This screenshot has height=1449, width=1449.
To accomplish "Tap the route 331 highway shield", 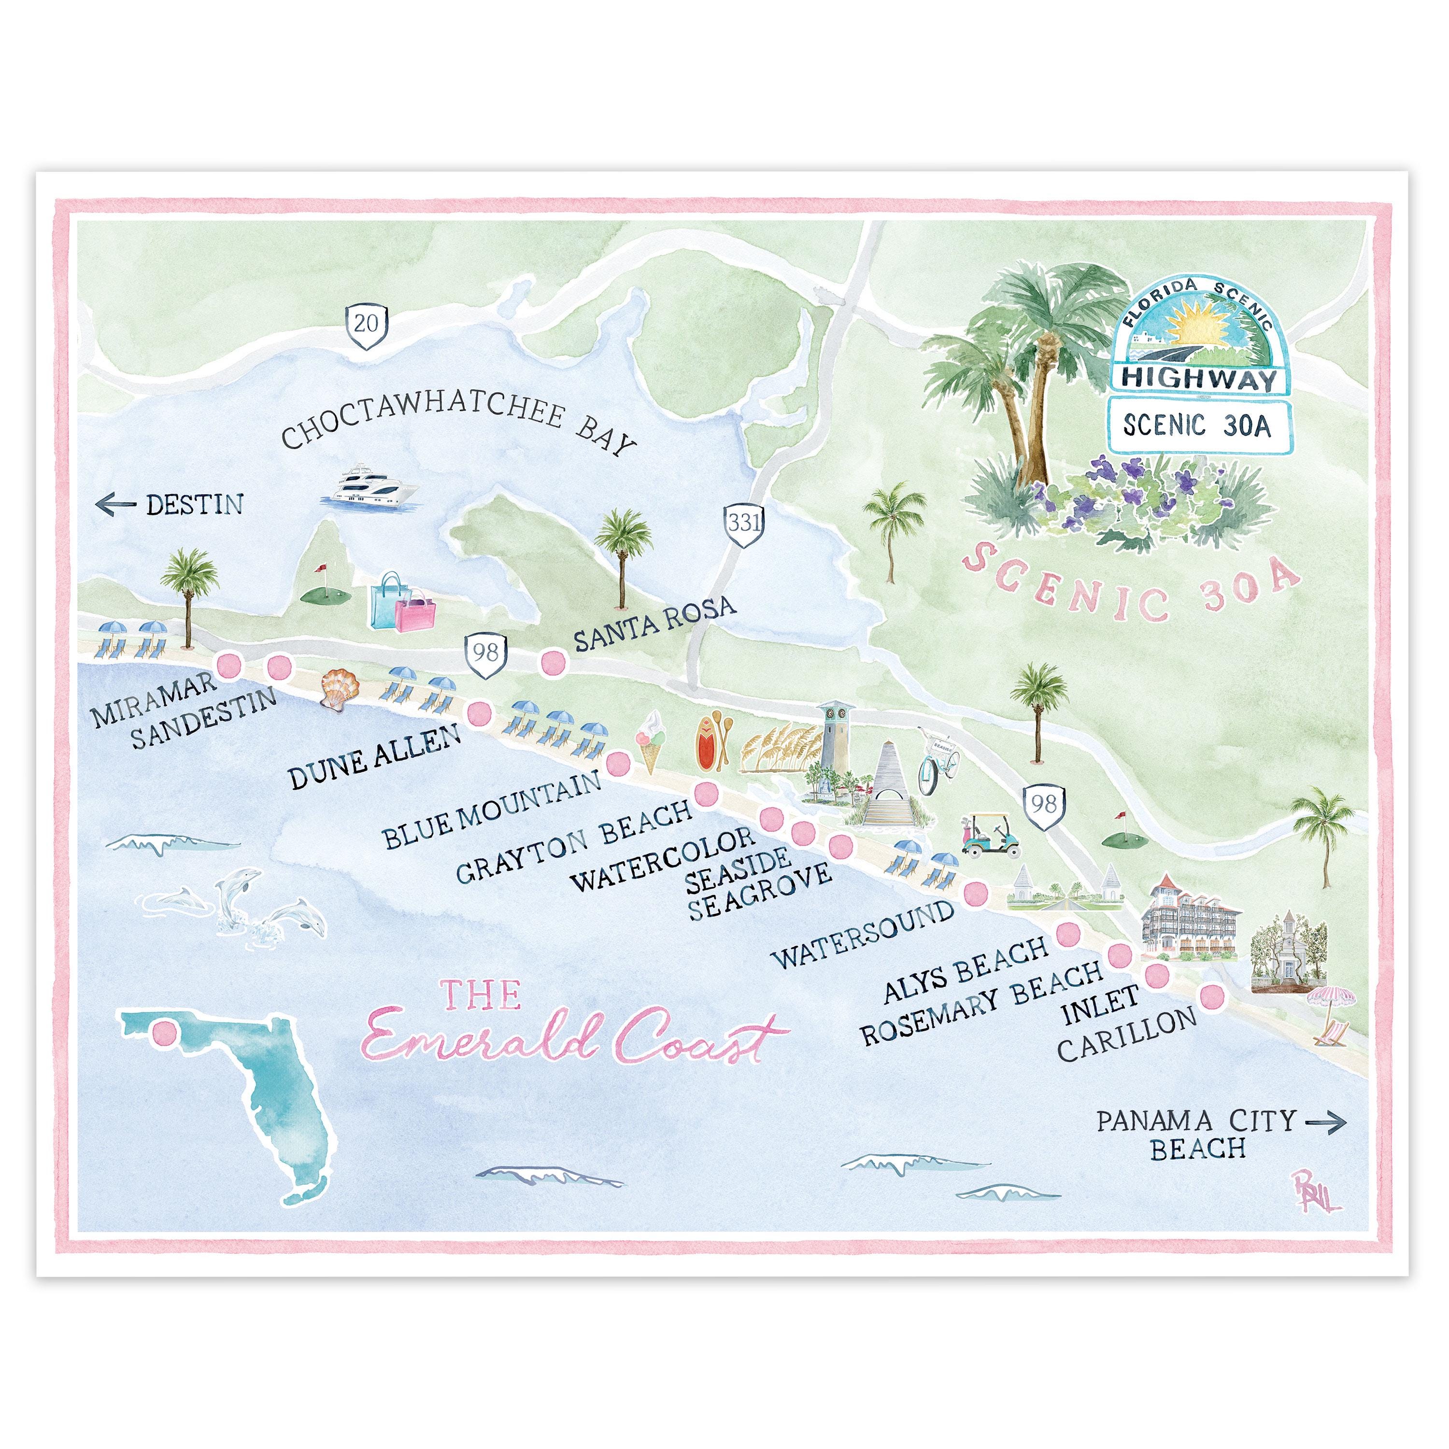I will coord(743,523).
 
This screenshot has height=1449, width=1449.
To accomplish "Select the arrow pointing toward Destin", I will coord(115,505).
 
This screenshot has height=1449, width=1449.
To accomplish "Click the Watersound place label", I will coord(863,935).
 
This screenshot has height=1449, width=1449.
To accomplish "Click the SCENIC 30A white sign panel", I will coord(1196,427).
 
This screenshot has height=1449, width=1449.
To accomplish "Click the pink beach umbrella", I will coord(1331,1001).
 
